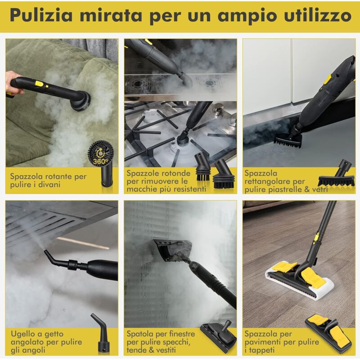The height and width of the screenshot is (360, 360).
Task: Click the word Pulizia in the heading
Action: tap(41, 15)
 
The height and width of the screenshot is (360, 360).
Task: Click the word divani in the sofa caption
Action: tap(49, 184)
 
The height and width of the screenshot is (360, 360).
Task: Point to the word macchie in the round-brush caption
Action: tap(140, 189)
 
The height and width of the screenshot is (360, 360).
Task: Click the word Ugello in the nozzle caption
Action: tap(23, 334)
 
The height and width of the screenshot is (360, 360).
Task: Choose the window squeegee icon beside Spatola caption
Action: tap(218, 337)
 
